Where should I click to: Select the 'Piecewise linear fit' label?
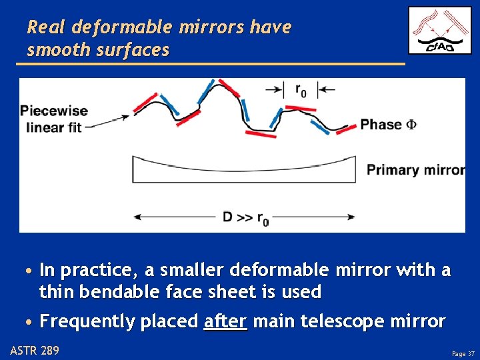[x=54, y=119]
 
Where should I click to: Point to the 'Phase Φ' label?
[x=389, y=125]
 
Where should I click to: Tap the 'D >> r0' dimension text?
[x=245, y=217]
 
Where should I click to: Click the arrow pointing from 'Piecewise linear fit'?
[x=107, y=121]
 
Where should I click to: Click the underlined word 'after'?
[x=225, y=321]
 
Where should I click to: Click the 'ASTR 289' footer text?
[x=35, y=349]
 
